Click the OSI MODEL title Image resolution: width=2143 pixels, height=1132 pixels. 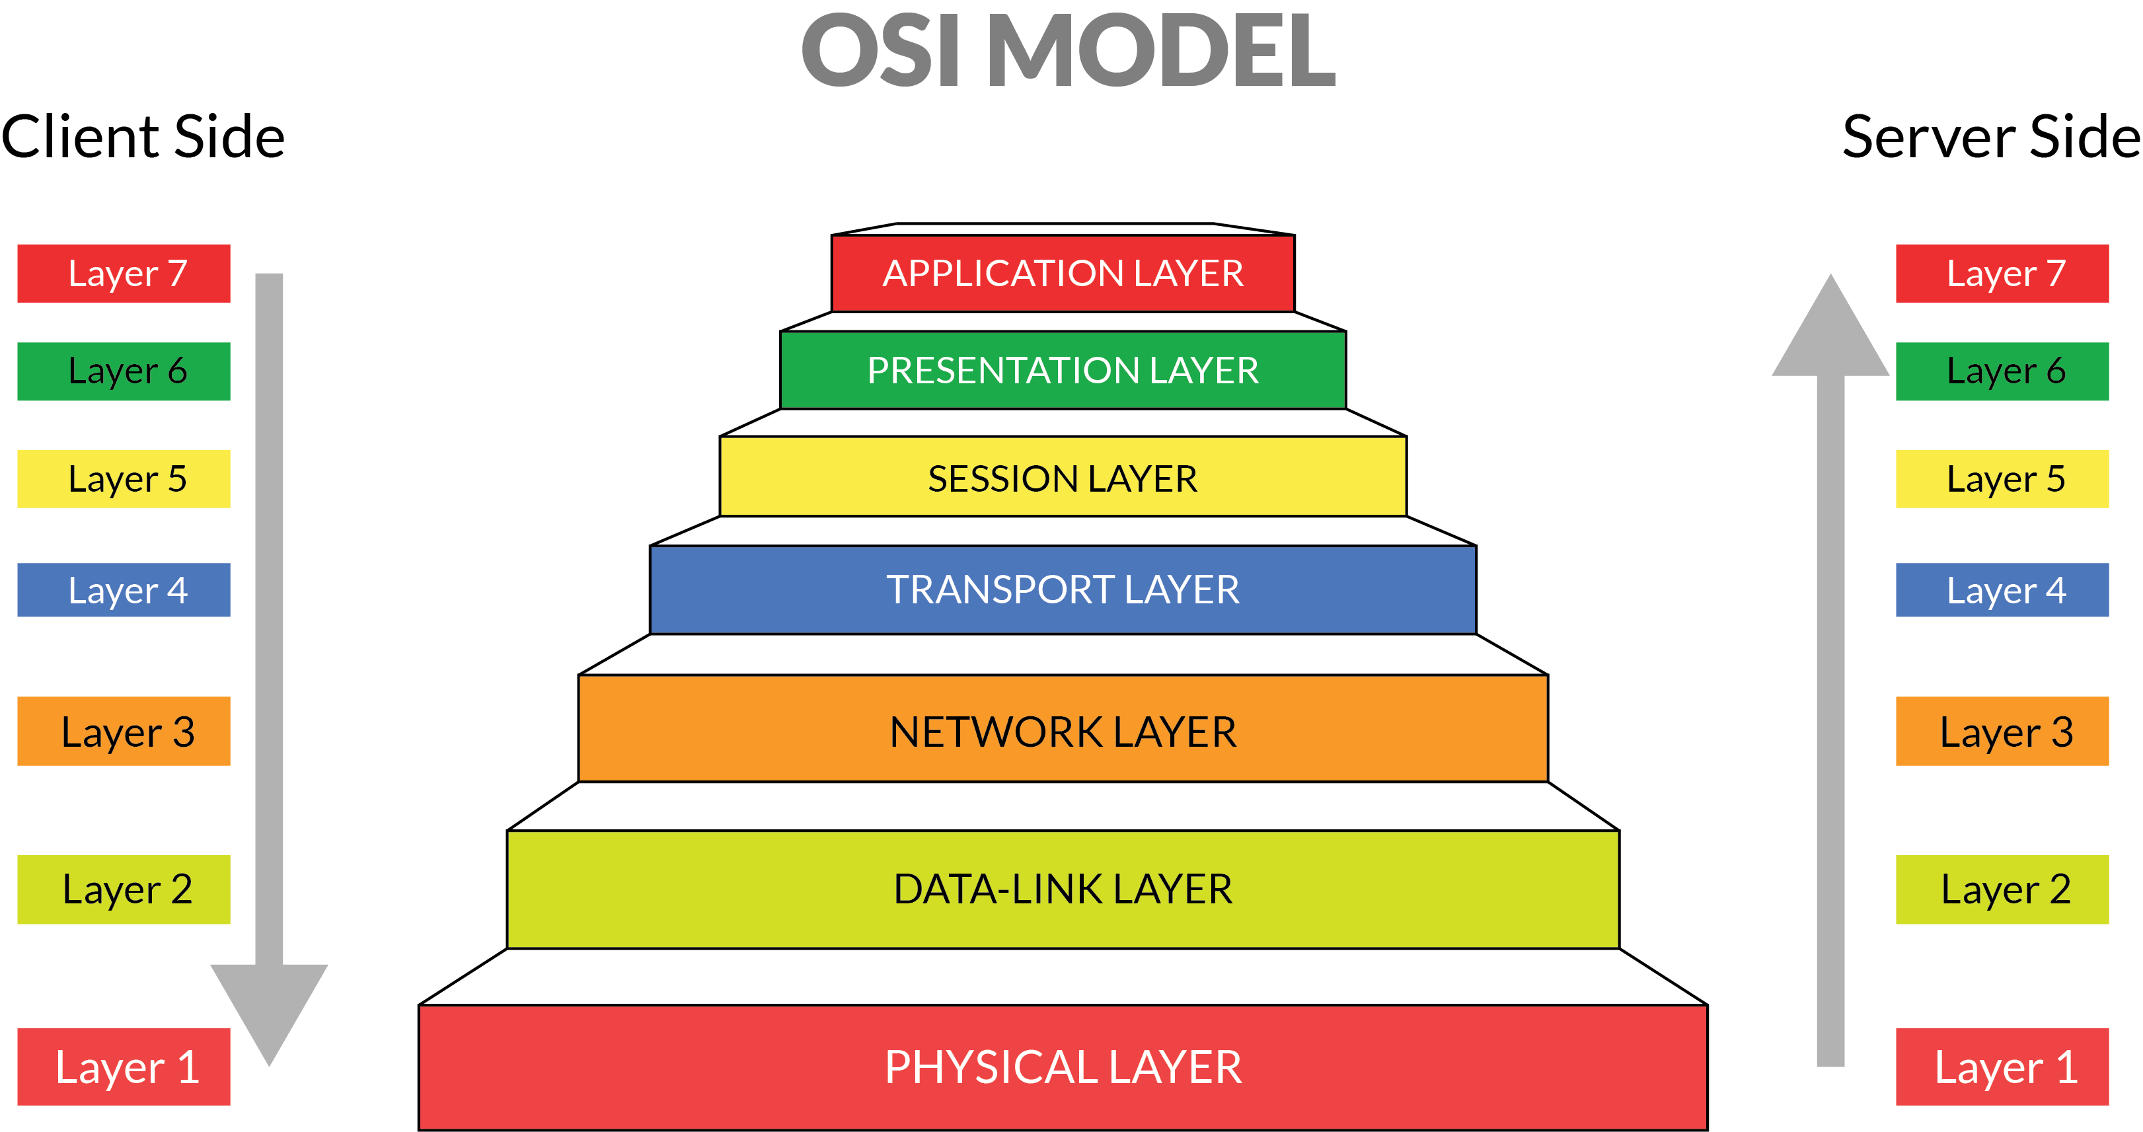coord(1068,52)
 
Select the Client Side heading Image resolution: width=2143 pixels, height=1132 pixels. coord(143,137)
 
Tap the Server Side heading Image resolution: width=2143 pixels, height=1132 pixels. coord(1991,137)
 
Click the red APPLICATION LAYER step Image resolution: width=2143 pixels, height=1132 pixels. coord(1063,274)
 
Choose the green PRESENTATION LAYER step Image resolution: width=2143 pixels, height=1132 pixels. coord(1063,370)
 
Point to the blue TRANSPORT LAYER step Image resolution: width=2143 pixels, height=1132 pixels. coord(1063,589)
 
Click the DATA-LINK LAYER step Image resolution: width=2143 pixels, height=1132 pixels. coord(1063,889)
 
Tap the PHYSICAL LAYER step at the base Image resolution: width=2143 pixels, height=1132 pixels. coord(1063,1067)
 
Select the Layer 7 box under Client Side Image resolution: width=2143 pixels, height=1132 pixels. coord(124,274)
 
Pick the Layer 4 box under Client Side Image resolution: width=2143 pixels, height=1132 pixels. coord(124,589)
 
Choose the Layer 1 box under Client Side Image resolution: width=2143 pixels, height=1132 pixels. coord(124,1067)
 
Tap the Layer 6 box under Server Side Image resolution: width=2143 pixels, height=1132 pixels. coord(2002,371)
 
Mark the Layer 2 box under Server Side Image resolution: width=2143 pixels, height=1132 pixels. coord(2002,889)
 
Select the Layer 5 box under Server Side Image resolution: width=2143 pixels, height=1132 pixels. coord(2002,478)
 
